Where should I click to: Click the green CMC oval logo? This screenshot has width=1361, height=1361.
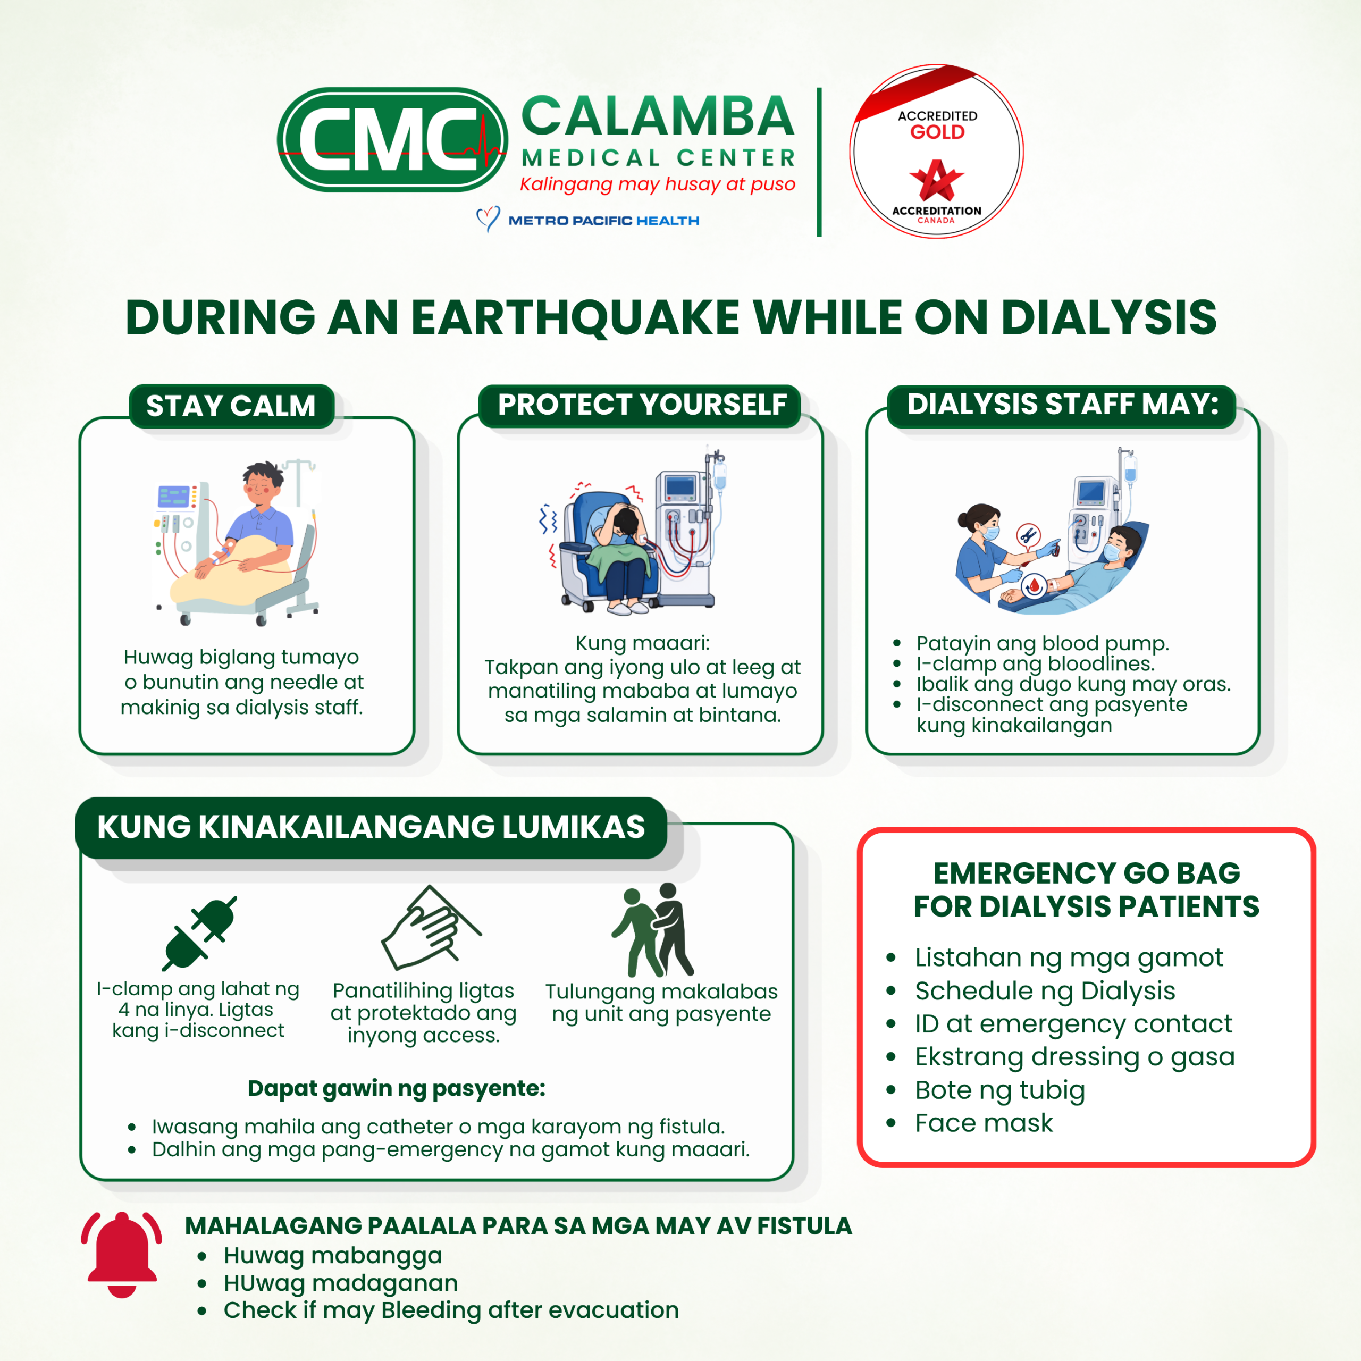pyautogui.click(x=392, y=139)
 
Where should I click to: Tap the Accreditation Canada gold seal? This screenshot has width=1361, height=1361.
pyautogui.click(x=936, y=152)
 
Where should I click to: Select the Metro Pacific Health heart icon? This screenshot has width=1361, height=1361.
pyautogui.click(x=488, y=219)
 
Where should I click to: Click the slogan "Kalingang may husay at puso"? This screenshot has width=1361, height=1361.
pyautogui.click(x=657, y=184)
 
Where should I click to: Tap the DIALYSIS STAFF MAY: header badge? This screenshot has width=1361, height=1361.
pyautogui.click(x=1062, y=405)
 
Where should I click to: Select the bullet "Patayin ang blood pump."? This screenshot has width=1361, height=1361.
pyautogui.click(x=1042, y=643)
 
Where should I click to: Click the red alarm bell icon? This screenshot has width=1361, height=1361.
pyautogui.click(x=121, y=1254)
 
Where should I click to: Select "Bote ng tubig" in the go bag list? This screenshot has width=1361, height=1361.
pyautogui.click(x=999, y=1090)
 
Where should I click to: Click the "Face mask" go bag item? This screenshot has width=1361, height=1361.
pyautogui.click(x=984, y=1123)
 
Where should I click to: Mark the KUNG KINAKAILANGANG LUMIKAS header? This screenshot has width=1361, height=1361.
pyautogui.click(x=371, y=827)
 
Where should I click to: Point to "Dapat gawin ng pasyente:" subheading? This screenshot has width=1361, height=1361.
pyautogui.click(x=397, y=1088)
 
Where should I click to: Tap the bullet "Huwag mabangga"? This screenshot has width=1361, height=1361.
pyautogui.click(x=332, y=1255)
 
